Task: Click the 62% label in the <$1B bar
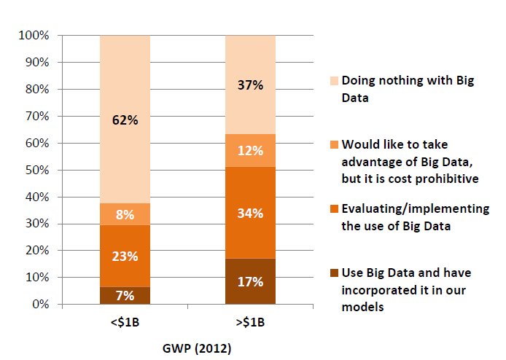125,120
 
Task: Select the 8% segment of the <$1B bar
125,214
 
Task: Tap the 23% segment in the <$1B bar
125,256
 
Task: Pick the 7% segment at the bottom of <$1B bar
125,295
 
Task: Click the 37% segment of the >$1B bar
250,85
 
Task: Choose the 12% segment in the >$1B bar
250,150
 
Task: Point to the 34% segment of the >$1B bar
250,213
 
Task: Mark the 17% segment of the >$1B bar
250,281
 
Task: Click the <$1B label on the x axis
125,323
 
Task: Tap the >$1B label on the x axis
250,323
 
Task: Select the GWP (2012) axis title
188,348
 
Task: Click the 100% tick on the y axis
34,36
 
